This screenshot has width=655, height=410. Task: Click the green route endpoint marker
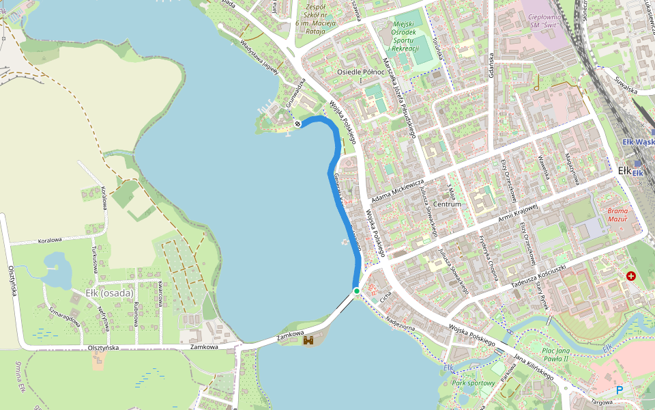[x=356, y=291]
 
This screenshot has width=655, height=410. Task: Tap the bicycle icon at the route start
[x=297, y=123]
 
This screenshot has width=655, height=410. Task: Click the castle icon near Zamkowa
[x=308, y=340]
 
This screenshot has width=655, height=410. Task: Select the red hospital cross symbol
[x=630, y=276]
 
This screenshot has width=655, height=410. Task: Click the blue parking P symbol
[x=620, y=390]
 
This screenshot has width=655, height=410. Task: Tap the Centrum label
[x=447, y=204]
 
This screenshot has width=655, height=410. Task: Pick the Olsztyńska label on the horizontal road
[x=103, y=348]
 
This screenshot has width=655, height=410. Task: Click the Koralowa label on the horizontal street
[x=50, y=240]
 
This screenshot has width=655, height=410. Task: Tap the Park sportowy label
[x=474, y=383]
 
